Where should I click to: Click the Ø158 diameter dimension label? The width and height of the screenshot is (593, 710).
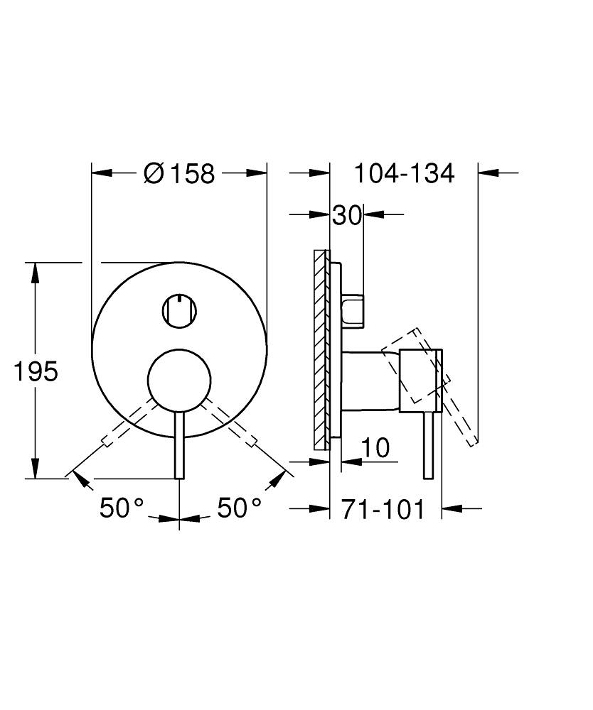(178, 173)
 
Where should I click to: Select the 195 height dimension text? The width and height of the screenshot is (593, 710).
(36, 371)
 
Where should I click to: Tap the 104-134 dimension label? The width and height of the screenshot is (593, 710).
(404, 173)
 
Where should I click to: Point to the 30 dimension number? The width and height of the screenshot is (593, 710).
(347, 215)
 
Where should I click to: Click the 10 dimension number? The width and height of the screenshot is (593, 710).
(375, 448)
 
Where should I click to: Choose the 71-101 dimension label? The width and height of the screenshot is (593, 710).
(383, 509)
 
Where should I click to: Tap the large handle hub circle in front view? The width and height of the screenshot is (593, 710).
(179, 381)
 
